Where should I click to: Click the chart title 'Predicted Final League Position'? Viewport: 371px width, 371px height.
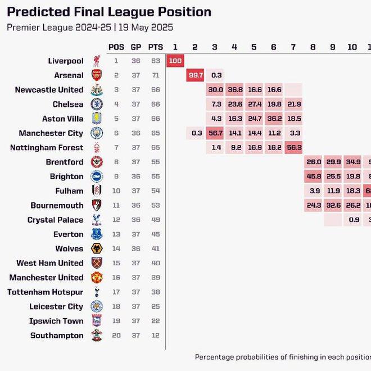coord(109,12)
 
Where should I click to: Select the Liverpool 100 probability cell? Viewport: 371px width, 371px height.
coord(175,61)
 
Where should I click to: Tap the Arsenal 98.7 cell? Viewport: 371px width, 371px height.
coord(195,75)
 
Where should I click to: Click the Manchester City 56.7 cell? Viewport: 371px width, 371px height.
coord(215,133)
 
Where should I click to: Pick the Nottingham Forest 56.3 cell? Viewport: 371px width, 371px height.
coord(293,148)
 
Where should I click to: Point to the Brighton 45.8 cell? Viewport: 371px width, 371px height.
coord(313,177)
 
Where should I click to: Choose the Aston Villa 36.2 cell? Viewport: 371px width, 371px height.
coord(274,119)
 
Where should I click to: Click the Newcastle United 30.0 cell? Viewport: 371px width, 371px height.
coord(215,90)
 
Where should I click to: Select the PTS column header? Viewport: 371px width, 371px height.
coord(155,47)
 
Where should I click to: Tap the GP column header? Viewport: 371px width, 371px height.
coord(136,47)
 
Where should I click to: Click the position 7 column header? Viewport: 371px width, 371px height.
coord(293,47)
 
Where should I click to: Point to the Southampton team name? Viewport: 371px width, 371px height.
coord(57,336)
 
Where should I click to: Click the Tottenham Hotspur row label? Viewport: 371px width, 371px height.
coord(45,292)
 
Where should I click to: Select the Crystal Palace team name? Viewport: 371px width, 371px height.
coord(55,220)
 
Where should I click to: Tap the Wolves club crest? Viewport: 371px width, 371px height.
coord(96,249)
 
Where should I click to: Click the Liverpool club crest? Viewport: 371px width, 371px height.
coord(96,61)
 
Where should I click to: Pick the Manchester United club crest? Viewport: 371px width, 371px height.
coord(96,278)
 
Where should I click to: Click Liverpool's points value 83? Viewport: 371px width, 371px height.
coord(155,61)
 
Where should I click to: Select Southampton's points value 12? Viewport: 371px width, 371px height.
coord(155,336)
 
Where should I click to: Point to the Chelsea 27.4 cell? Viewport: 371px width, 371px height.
coord(254,105)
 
